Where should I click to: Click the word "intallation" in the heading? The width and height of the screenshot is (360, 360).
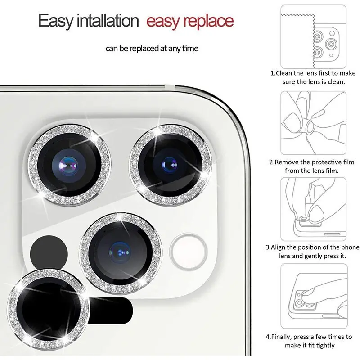tap(108, 21)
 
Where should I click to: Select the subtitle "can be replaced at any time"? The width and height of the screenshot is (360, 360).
tap(152, 49)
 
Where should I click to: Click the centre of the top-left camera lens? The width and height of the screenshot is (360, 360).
tap(69, 165)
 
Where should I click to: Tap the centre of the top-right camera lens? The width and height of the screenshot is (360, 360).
tap(170, 165)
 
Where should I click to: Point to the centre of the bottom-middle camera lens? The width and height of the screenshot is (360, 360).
tap(120, 252)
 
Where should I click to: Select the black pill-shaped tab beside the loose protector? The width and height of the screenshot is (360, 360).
tap(110, 310)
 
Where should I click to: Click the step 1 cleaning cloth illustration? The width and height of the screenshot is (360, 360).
tap(313, 37)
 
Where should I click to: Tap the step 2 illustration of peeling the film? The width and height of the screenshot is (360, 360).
tap(313, 123)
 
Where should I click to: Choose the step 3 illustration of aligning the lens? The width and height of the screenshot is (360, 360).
tap(313, 209)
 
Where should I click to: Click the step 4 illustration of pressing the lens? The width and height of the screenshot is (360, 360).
tap(314, 296)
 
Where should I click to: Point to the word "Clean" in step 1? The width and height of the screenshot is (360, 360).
tap(284, 73)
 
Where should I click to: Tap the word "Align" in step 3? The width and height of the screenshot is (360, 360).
tap(278, 247)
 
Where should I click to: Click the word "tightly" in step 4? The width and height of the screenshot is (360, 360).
tap(325, 346)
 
